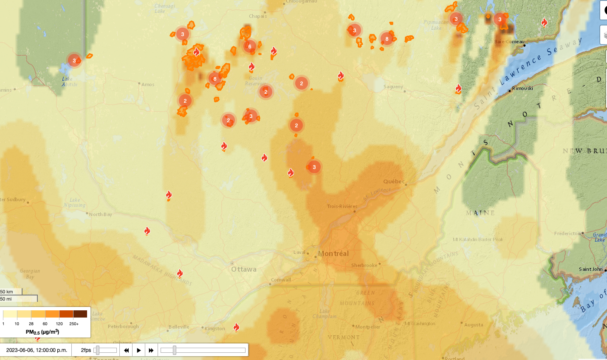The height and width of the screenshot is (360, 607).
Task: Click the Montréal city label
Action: point(333,253)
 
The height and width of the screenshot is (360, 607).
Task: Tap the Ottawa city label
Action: point(244,269)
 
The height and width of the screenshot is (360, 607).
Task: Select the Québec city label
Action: point(394,181)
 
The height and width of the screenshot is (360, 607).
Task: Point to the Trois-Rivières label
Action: point(342,206)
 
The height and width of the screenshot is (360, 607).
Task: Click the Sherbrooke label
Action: point(364,265)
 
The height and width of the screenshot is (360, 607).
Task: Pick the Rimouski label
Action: point(522,88)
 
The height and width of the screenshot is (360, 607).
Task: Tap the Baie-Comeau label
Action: point(509,42)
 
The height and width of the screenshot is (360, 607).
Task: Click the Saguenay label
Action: point(393,87)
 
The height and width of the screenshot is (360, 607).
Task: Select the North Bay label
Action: point(101,214)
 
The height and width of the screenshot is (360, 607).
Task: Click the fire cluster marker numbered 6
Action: point(250,46)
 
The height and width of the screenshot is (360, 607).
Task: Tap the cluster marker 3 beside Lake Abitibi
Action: point(74,60)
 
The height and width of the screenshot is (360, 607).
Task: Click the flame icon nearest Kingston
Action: point(236,327)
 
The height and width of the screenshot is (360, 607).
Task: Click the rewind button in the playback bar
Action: point(126,350)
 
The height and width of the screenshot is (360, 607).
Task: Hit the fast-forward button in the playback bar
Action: point(151,350)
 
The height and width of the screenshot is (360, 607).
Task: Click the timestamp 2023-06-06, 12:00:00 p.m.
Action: point(37,350)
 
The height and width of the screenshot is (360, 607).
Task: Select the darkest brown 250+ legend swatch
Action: point(80,314)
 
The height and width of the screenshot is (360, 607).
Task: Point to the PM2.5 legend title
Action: point(42,332)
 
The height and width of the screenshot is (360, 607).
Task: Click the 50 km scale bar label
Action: point(7,292)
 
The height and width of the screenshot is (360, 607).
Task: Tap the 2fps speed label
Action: point(86,350)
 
